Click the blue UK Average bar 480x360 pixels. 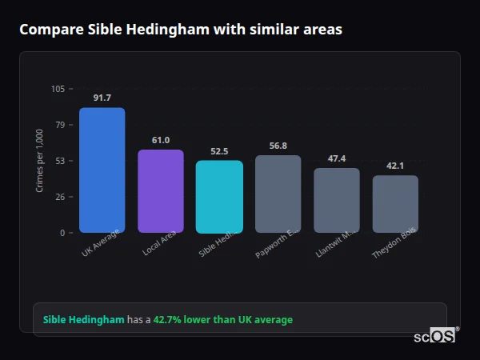(x=102, y=170)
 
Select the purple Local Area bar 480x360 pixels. (x=161, y=191)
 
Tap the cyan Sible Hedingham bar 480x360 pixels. (x=219, y=197)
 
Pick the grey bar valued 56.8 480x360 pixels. (x=278, y=194)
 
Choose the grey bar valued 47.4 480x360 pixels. (x=337, y=201)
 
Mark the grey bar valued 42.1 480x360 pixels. (x=395, y=204)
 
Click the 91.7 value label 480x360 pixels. (x=102, y=98)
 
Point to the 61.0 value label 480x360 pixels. (x=161, y=140)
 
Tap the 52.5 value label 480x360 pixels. (x=219, y=151)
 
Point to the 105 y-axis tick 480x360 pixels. (x=58, y=89)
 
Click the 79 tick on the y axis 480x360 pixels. (x=60, y=125)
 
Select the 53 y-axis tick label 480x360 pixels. (x=60, y=161)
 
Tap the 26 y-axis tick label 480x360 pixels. (x=60, y=197)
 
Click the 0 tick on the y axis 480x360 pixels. (x=62, y=233)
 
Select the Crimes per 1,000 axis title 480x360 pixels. (x=39, y=161)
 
